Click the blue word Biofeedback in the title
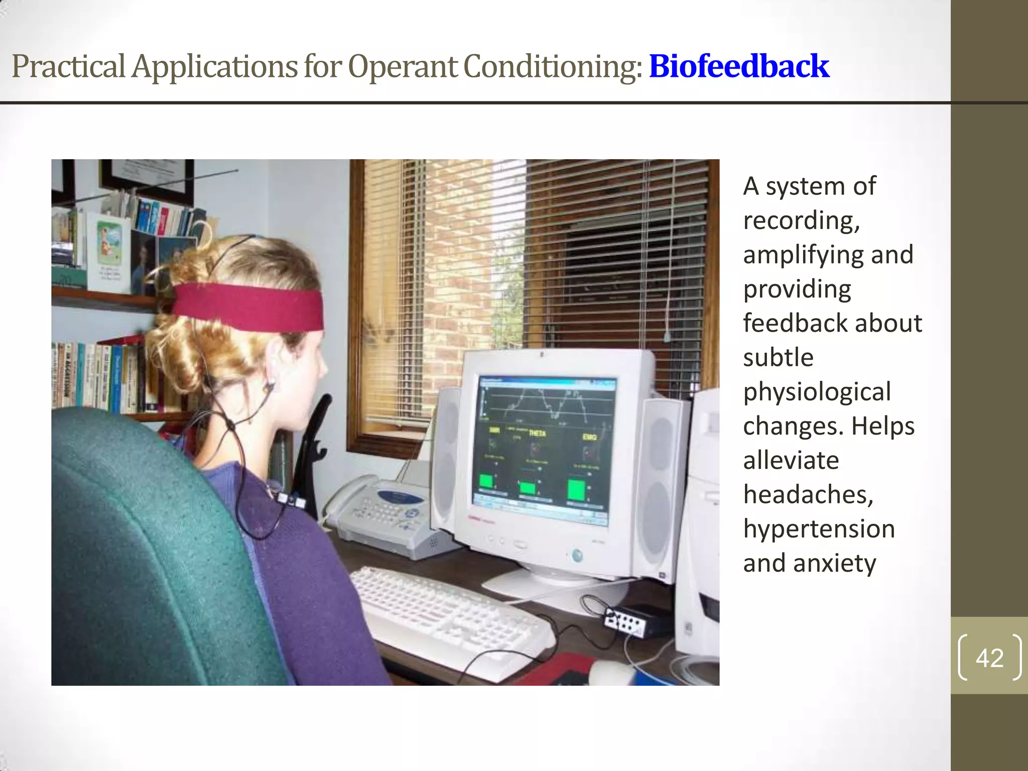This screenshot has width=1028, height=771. point(739,66)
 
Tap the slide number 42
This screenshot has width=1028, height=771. point(989,658)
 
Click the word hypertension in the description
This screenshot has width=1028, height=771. point(819,529)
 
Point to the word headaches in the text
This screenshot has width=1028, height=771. point(808,495)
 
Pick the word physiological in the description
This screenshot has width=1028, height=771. point(817,392)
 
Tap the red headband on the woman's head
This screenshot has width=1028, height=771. point(248,306)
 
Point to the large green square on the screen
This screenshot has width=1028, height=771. point(576,490)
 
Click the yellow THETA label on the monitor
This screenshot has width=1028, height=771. point(537,433)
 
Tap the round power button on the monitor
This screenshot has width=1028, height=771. point(577,555)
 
